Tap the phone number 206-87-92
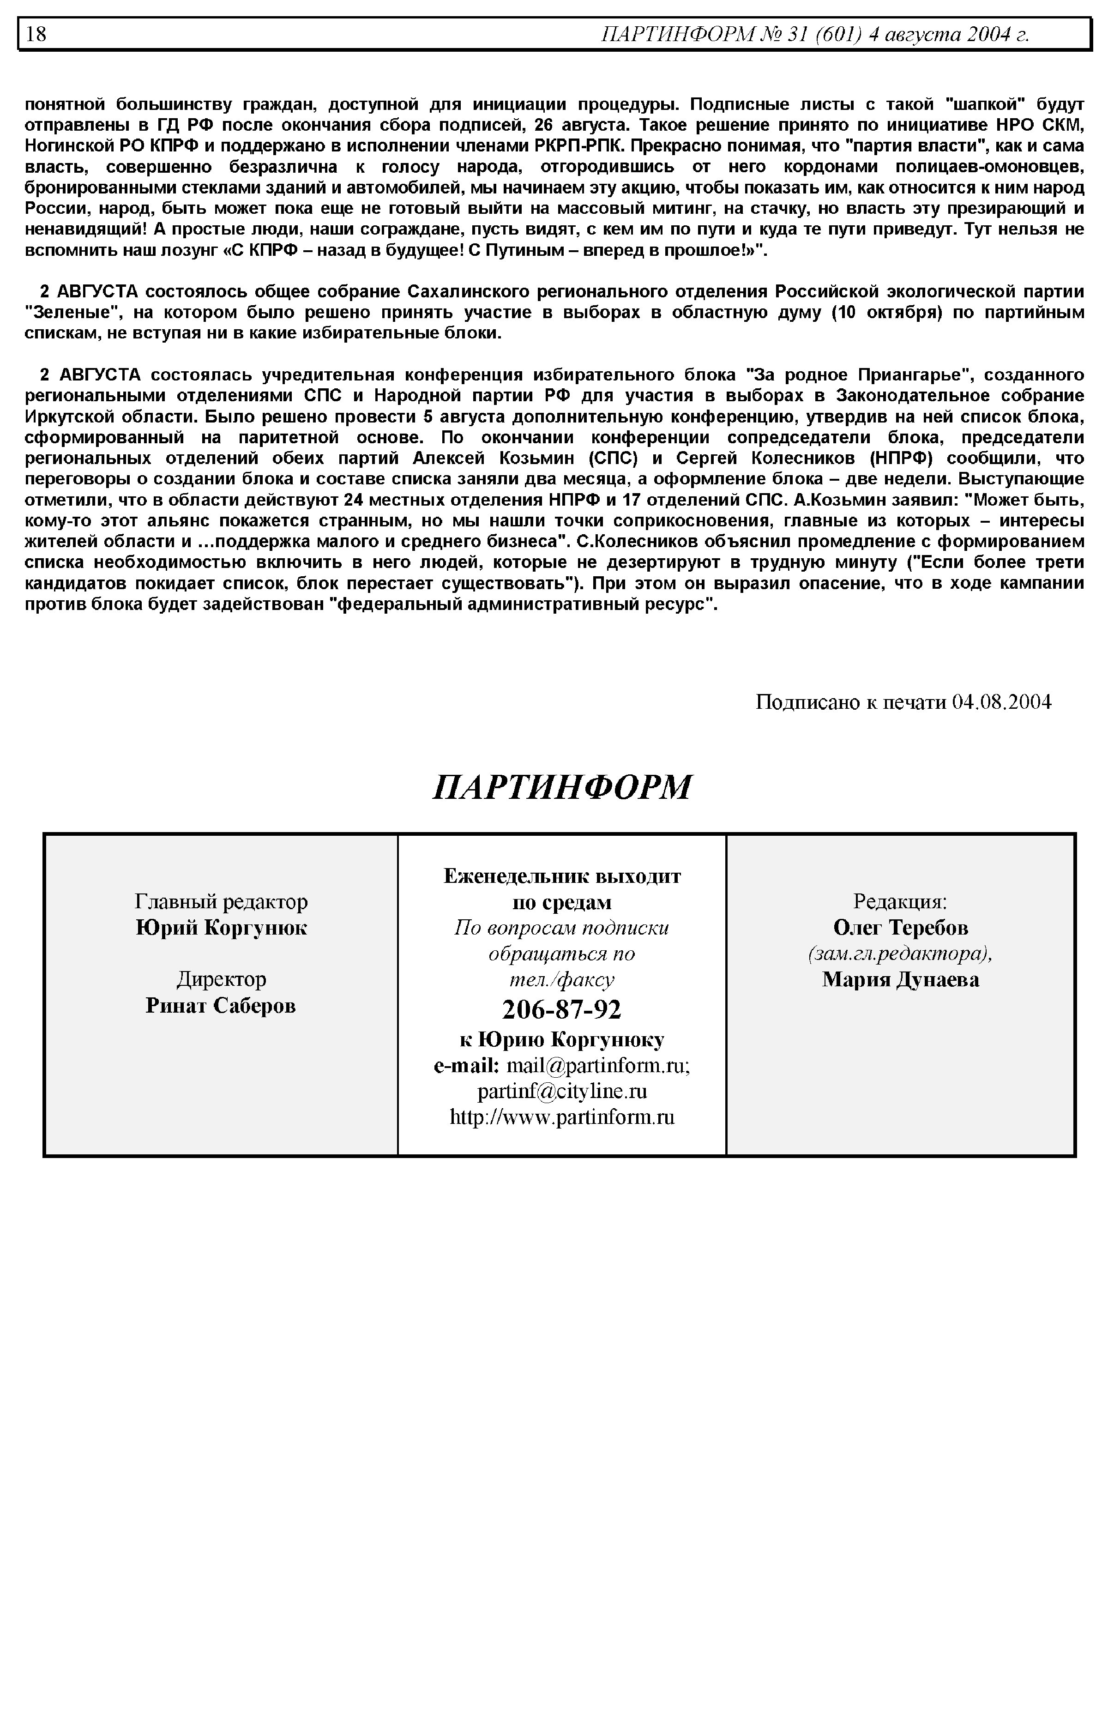561,1009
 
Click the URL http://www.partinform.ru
562,1117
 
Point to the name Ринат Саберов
221,1005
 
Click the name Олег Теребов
900,928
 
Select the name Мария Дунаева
900,979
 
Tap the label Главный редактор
221,902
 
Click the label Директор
221,979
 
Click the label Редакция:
900,902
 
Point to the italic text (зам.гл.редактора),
900,954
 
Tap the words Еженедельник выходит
562,876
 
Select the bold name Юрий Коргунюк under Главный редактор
221,928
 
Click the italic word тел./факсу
562,979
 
